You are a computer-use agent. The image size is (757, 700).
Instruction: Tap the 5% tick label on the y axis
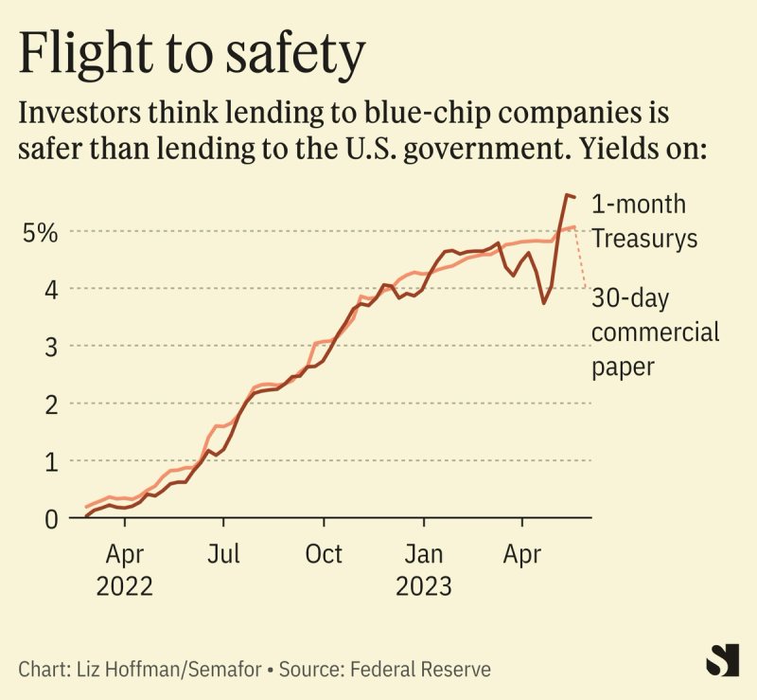[x=41, y=231]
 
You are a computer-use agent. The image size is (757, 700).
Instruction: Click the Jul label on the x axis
[x=223, y=552]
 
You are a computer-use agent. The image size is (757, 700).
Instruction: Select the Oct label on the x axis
[x=324, y=552]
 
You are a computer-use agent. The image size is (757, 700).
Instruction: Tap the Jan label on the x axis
[x=424, y=552]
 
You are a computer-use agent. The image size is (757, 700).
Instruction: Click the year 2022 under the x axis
[x=124, y=586]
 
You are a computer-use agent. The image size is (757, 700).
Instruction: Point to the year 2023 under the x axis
[x=424, y=586]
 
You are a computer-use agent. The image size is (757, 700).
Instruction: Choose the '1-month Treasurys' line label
[x=644, y=221]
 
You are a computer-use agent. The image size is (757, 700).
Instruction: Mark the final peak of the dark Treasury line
[x=566, y=195]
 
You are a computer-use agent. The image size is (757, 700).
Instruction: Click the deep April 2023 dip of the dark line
[x=543, y=302]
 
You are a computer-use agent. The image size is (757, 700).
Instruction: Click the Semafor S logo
[x=723, y=660]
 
